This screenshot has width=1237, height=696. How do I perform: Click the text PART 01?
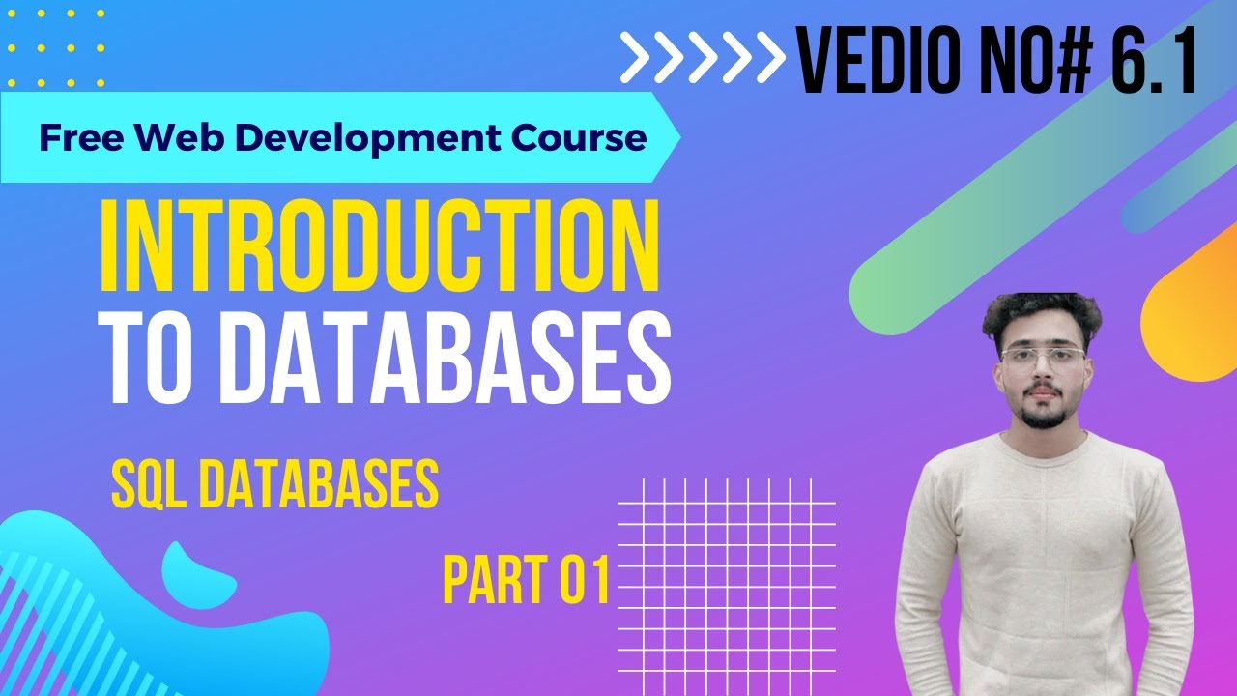click(x=527, y=580)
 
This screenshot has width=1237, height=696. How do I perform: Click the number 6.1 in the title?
click(x=1153, y=60)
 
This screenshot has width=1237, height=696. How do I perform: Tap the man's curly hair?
click(x=1040, y=315)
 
